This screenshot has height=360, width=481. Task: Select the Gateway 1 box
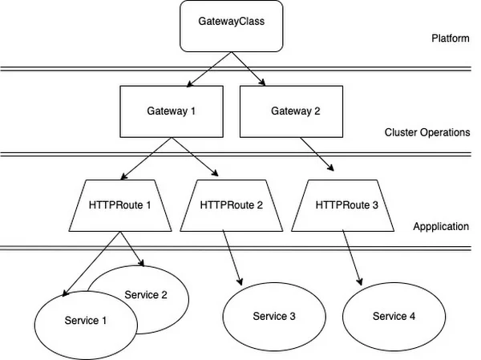(x=171, y=111)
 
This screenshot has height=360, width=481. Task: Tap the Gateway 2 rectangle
(x=293, y=111)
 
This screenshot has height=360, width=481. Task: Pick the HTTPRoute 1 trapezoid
(x=120, y=204)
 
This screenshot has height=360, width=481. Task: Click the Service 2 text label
(x=146, y=294)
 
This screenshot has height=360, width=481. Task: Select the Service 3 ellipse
(x=274, y=316)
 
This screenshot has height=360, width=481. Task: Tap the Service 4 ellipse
(x=394, y=316)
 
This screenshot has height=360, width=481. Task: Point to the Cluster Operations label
(x=426, y=132)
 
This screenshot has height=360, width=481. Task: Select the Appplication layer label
(x=441, y=227)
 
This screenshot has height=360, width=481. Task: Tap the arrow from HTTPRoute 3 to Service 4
(x=352, y=257)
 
